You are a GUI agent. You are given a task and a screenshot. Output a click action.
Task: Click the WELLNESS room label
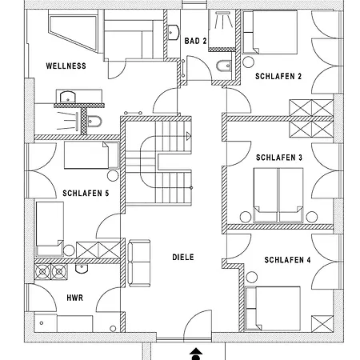coord(66,66)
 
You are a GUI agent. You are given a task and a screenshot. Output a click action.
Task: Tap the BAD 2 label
coord(195,41)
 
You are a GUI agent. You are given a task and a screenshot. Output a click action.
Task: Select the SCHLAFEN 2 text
coord(278,77)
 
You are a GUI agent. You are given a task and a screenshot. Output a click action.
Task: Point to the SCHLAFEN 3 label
coord(279,158)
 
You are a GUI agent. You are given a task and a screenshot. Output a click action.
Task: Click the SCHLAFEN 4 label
coord(287,260)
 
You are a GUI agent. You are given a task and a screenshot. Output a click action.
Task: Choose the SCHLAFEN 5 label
coord(86,193)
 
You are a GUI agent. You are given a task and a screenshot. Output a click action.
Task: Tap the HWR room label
coord(75,298)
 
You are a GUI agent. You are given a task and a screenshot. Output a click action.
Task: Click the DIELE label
coord(183,258)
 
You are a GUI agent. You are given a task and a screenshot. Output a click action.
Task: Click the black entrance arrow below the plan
coord(196,354)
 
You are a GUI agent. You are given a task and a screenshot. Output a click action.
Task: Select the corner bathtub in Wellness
coord(74,33)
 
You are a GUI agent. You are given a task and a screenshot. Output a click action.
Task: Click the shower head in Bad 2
coord(223,20)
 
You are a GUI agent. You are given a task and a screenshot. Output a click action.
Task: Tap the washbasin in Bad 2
coord(174,32)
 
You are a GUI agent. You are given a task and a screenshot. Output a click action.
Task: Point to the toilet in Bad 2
coord(223,66)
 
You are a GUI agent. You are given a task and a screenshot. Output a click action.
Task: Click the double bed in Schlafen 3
coord(278,195)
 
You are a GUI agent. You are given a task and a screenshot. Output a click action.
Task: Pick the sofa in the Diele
coord(139,262)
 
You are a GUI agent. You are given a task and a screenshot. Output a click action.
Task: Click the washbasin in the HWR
coord(82,269)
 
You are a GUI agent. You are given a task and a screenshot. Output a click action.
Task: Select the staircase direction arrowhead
coord(189,136)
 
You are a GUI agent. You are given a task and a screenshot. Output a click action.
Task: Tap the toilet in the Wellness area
coord(94,122)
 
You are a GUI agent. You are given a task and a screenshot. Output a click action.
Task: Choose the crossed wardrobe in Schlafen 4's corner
coord(322,324)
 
